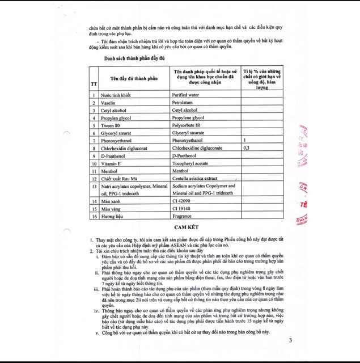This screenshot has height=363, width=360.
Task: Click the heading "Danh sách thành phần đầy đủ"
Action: click(134, 59)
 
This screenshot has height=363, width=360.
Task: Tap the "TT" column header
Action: click(94, 84)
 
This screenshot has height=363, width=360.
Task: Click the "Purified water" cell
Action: click(185, 95)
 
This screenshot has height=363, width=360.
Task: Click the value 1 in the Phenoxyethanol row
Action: click(244, 140)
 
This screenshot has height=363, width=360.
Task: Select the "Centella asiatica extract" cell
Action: click(194, 178)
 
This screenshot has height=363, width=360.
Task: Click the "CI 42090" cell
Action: click(182, 201)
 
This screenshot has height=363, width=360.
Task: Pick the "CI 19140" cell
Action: click(182, 209)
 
